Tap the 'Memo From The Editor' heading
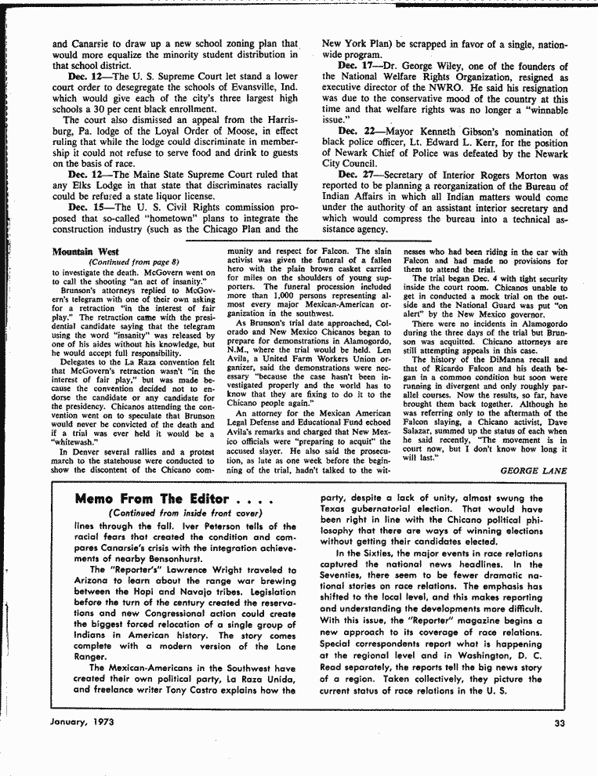(x=152, y=499)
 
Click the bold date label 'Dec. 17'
(x=356, y=65)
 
